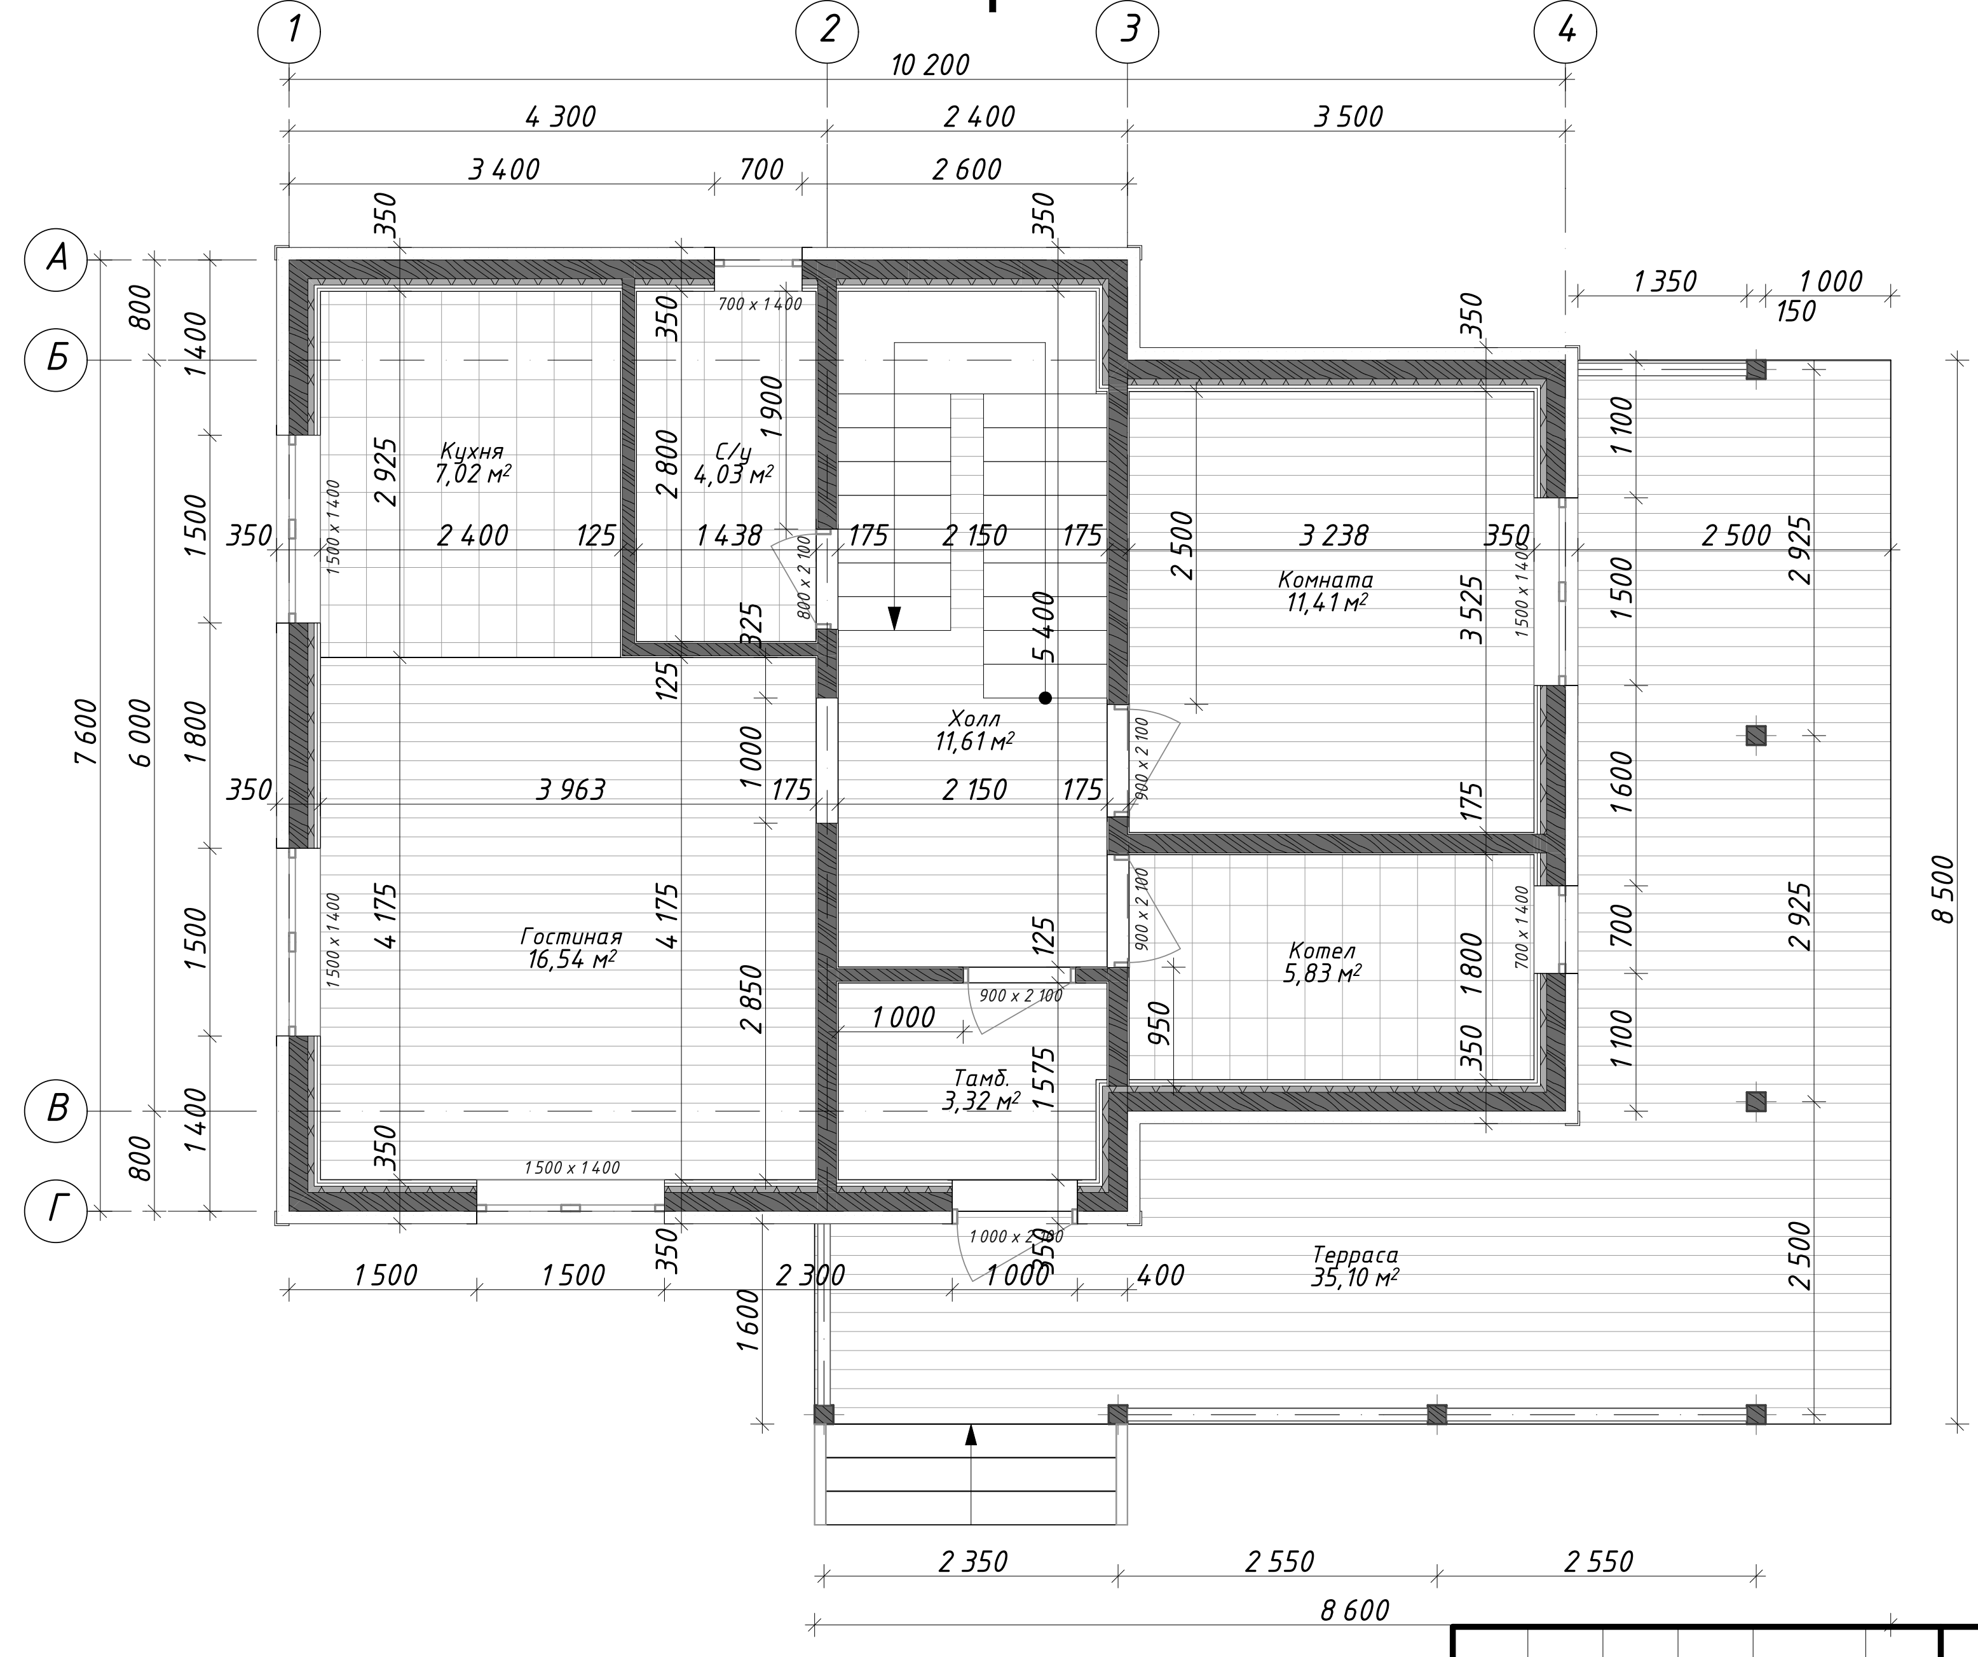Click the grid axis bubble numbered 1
coord(289,31)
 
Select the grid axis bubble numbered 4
coord(1565,31)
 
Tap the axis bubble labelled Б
coord(55,359)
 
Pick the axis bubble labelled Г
coord(55,1211)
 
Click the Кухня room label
coord(472,451)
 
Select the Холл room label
coord(975,720)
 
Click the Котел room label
coord(1323,951)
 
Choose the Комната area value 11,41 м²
coord(1327,602)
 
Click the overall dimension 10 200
coord(930,65)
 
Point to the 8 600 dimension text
coord(1354,1610)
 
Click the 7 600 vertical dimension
coord(86,733)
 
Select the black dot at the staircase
coord(1046,698)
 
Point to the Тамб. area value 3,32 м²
coord(981,1100)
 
